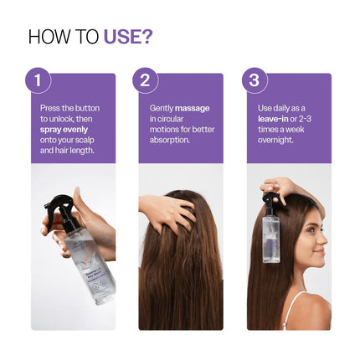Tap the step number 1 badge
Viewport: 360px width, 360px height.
tap(37, 81)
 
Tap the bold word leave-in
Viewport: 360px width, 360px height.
tap(274, 120)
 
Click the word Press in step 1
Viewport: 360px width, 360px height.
tap(50, 109)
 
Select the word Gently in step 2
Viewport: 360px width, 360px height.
tap(161, 109)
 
